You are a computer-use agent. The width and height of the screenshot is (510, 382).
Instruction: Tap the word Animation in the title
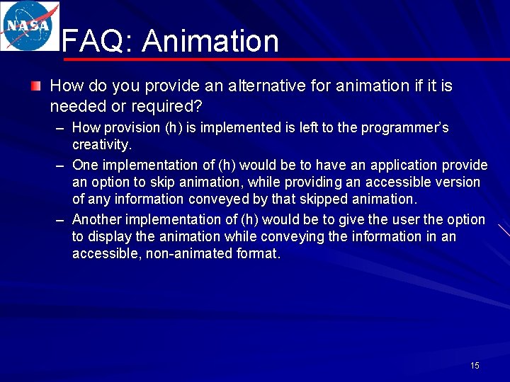coord(210,42)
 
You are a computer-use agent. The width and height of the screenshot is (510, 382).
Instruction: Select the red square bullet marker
coord(35,86)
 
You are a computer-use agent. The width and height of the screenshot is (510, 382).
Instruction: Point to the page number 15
coord(475,366)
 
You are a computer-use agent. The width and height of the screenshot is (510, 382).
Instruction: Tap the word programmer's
coord(404,128)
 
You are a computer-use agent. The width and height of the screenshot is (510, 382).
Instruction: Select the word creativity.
coord(102,145)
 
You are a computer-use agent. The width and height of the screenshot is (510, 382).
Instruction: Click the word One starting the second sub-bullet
coord(86,166)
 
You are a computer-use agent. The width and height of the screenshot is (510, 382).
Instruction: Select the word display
coord(110,237)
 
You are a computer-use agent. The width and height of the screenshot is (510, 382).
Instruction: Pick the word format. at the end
coord(258,254)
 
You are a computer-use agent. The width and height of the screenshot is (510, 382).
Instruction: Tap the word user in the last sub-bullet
coord(406,220)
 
